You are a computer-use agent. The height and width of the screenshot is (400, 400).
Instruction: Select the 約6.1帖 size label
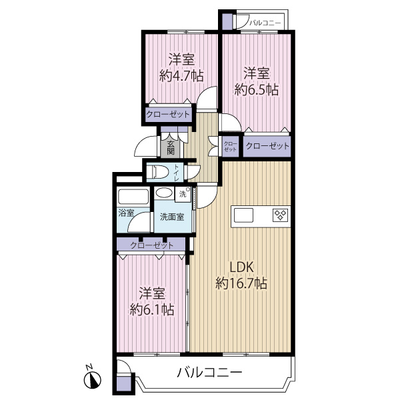pos(152,309)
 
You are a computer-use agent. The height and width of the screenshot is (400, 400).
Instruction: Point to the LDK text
pos(241,267)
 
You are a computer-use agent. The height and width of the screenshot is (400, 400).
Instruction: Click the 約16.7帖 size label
pos(241,284)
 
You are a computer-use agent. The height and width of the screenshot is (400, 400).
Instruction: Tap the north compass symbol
pos(91,379)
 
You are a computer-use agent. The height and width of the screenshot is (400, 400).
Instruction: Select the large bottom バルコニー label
pos(209,372)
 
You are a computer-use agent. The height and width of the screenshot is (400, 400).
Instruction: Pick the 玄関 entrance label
pos(170,147)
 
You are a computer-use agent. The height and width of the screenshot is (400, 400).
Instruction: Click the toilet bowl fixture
pos(157,172)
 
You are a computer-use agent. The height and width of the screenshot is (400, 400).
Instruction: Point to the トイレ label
pos(177,172)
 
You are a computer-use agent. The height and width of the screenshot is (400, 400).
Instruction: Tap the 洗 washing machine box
pos(183,194)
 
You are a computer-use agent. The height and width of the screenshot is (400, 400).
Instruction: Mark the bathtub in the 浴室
pos(133,197)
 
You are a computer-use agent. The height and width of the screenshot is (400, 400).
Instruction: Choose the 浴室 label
pos(126,213)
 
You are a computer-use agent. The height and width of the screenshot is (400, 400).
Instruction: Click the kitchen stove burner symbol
pos(279,215)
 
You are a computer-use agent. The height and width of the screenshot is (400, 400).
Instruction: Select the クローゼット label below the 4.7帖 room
pos(168,115)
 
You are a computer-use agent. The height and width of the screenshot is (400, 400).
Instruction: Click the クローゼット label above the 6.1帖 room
pos(152,245)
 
